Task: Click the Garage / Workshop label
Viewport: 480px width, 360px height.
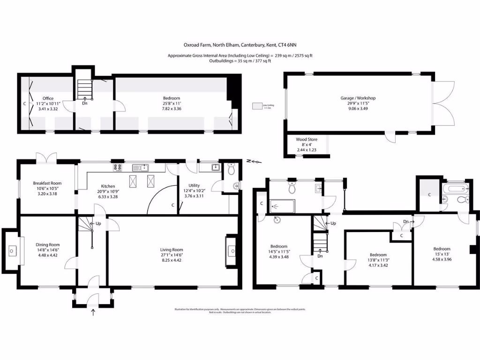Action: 358,98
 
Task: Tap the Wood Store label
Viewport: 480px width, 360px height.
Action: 307,139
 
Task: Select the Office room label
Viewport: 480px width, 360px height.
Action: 47,98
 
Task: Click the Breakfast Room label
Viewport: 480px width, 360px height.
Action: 47,183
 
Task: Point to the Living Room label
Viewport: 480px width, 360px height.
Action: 171,250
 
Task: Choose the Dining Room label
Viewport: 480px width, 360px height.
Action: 48,245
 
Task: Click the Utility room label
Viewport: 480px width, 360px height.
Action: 194,186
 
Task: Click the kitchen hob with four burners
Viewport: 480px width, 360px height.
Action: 117,167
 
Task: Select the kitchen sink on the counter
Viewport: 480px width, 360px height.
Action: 140,167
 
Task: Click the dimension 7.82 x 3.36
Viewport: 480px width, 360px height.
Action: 171,109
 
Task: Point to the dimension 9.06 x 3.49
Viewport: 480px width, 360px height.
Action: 358,109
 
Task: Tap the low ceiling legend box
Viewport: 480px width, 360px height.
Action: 256,106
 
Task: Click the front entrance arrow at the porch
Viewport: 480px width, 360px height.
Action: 93,312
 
